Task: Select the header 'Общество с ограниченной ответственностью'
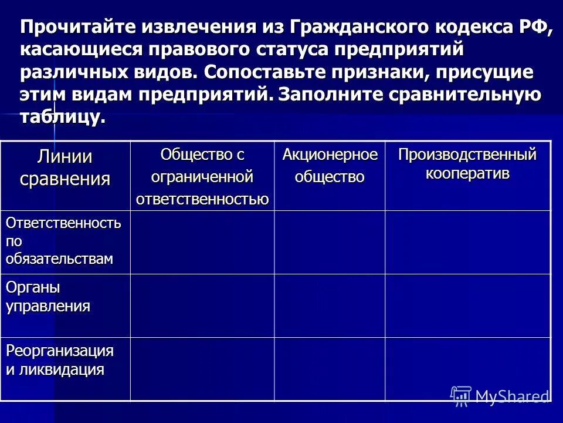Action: pyautogui.click(x=202, y=176)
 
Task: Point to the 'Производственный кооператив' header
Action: pyautogui.click(x=467, y=164)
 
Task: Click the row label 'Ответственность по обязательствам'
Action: pyautogui.click(x=64, y=241)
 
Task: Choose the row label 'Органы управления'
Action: pyautogui.click(x=48, y=297)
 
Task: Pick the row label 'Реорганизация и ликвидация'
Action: pyautogui.click(x=59, y=360)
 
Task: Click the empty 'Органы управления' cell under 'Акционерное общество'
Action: pyautogui.click(x=330, y=305)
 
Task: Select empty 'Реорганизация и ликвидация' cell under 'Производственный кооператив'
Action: pyautogui.click(x=467, y=369)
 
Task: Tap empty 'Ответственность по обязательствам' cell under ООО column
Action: pyautogui.click(x=202, y=242)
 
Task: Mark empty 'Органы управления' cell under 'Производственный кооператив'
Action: pyautogui.click(x=467, y=305)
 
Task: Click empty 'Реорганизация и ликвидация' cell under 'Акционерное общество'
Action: pyautogui.click(x=330, y=369)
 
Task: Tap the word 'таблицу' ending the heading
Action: pyautogui.click(x=62, y=116)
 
